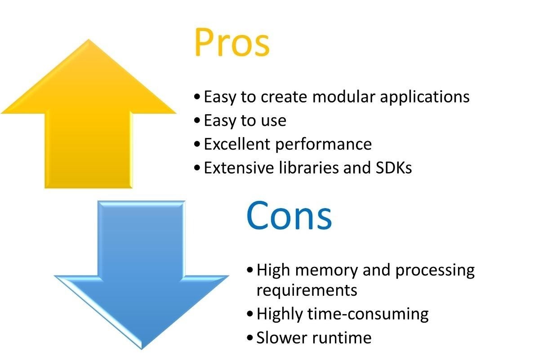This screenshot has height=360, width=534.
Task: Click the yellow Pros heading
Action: [231, 43]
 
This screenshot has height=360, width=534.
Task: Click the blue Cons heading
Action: [289, 216]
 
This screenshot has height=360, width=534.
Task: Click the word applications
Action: [426, 98]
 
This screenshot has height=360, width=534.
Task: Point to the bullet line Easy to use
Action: [245, 120]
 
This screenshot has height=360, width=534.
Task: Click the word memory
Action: [325, 271]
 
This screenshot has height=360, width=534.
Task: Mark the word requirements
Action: [307, 291]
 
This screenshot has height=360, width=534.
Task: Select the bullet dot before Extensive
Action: [197, 169]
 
